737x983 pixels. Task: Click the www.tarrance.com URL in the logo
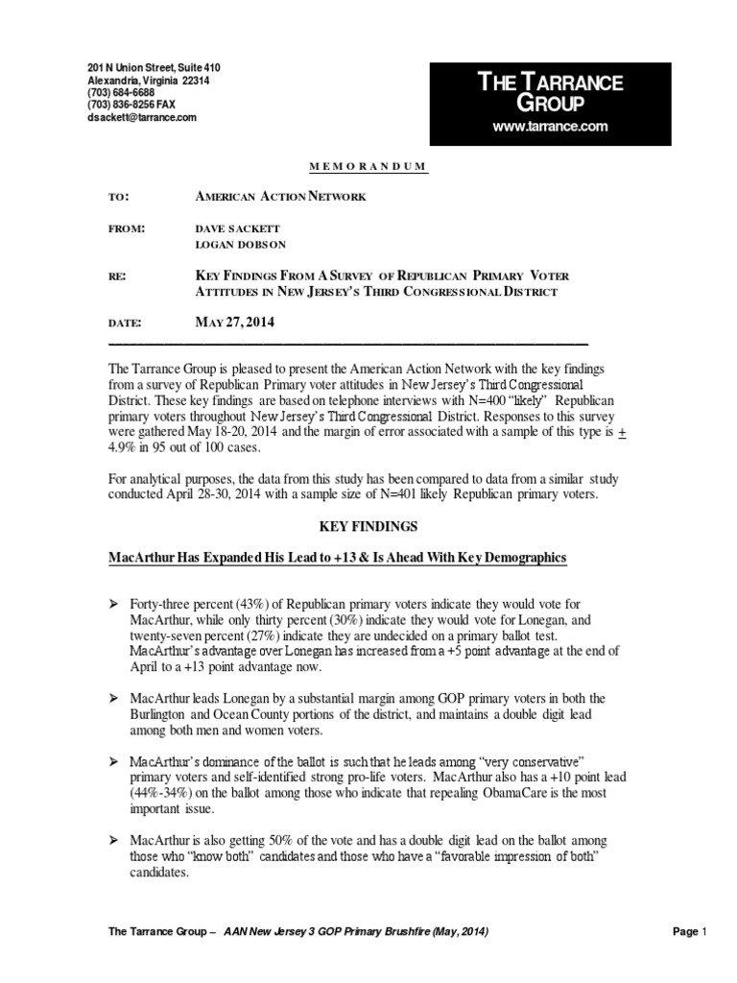click(550, 127)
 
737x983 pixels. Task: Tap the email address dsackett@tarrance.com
click(142, 117)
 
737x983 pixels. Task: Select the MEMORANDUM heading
click(368, 167)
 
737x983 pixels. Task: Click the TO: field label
click(119, 197)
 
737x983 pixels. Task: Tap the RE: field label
click(118, 276)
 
